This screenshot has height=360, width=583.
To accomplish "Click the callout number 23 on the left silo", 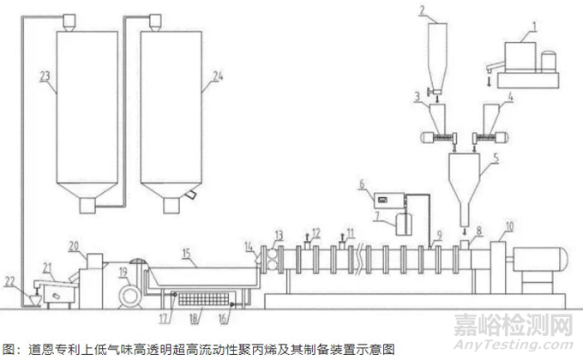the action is point(45,76).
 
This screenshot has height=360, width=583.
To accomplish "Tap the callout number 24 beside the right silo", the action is point(218,76).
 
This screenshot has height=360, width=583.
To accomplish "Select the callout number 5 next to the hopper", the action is point(496,158).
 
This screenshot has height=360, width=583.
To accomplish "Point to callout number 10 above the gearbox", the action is point(509,226).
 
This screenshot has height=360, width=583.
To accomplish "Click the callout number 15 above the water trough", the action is point(186,253).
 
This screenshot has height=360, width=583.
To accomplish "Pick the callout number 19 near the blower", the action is point(123,273).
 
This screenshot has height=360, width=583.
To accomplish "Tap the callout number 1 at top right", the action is point(534,26).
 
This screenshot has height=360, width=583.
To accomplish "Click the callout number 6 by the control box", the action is point(362,183).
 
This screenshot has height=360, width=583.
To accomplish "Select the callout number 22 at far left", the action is point(9,281).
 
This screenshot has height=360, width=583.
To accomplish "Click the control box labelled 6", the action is point(388,201).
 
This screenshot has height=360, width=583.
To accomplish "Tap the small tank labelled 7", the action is point(404,224).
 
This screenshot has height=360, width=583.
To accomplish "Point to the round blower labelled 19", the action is point(130,296).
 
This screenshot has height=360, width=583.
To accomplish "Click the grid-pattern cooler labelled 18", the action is point(203,299).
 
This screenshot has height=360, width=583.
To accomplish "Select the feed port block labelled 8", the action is point(465,244).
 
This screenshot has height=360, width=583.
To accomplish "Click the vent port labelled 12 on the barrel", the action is point(307,245).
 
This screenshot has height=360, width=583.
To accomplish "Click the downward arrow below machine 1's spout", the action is point(490,81).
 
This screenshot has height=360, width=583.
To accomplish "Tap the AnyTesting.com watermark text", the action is point(514,345).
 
